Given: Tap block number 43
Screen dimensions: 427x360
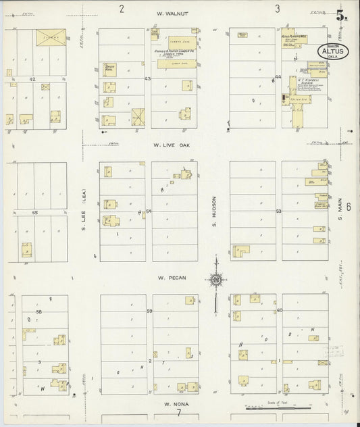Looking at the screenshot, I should pyautogui.click(x=147, y=79).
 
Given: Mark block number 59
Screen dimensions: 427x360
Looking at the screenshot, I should pyautogui.click(x=149, y=311).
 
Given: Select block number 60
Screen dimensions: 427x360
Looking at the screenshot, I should pyautogui.click(x=278, y=310).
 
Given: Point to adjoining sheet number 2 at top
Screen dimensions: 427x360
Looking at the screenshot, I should pyautogui.click(x=122, y=9).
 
